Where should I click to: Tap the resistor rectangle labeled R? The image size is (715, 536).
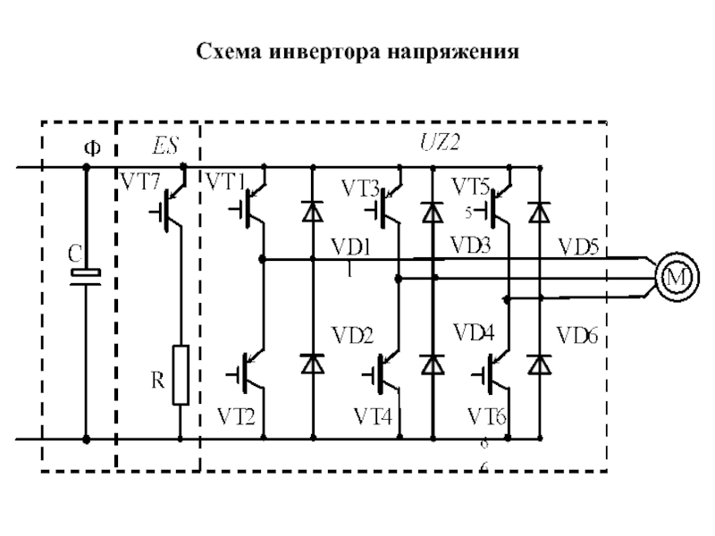[x=181, y=373]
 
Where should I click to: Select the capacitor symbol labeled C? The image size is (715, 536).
[x=87, y=275]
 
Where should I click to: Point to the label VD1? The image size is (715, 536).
[x=351, y=246]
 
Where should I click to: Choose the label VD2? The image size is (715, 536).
[x=353, y=336]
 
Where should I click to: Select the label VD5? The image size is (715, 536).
[x=578, y=245]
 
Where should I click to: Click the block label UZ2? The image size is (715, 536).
[x=439, y=142]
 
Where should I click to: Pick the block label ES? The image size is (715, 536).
[x=161, y=143]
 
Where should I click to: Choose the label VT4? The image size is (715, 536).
[x=374, y=416]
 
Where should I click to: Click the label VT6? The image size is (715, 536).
[x=487, y=416]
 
